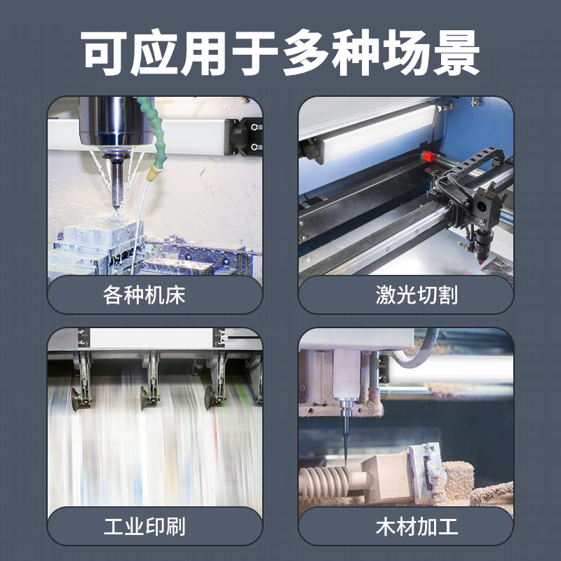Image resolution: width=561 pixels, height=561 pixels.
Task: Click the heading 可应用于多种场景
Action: (280, 53)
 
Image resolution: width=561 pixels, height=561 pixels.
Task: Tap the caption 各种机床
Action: (144, 295)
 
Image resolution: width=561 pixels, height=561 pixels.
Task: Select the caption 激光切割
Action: (417, 295)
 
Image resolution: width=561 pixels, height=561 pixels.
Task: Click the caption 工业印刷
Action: (144, 527)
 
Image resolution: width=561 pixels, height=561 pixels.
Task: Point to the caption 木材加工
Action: (417, 527)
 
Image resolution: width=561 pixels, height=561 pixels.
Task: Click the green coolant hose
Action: (152, 130)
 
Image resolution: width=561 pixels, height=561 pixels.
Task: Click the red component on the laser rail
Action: (428, 156)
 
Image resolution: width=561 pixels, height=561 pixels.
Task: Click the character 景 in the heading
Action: (457, 53)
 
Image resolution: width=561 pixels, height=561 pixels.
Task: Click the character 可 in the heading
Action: (104, 53)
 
